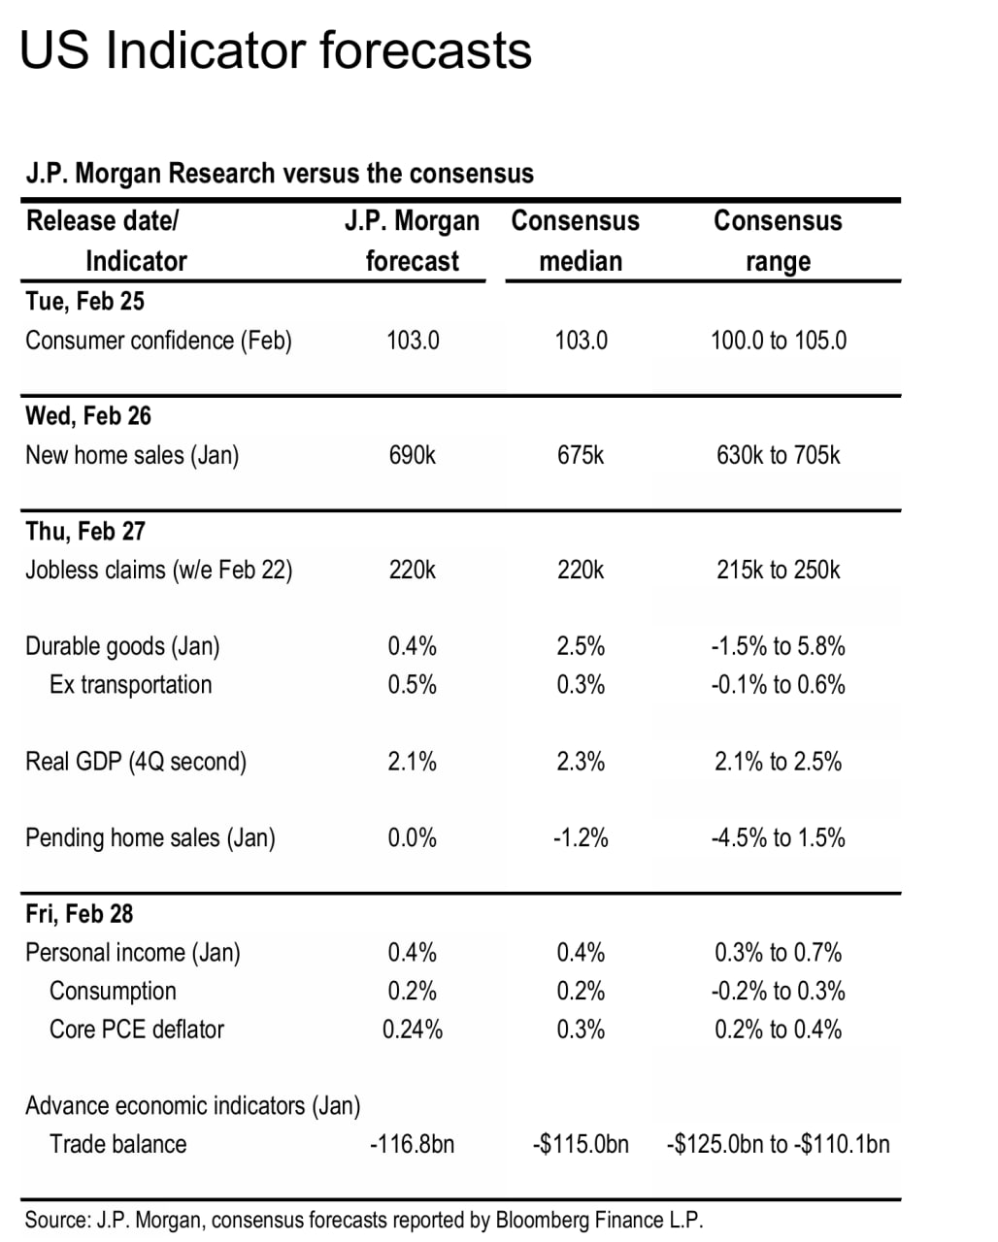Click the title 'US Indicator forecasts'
(x=276, y=50)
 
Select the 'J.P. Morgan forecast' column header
(x=413, y=241)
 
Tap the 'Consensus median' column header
(x=576, y=241)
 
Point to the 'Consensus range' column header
(x=778, y=241)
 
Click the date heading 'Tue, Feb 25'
(x=84, y=301)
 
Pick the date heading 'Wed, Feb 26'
(x=88, y=415)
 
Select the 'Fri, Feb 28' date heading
(x=80, y=913)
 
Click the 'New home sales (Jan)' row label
(x=132, y=455)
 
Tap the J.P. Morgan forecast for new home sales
(x=413, y=455)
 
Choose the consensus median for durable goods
(x=581, y=646)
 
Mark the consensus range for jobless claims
(x=779, y=570)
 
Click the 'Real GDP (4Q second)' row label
(x=136, y=762)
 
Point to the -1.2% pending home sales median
(x=581, y=837)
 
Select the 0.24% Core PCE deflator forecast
(x=413, y=1030)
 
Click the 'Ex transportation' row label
(x=130, y=685)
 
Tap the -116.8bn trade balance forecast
(x=413, y=1144)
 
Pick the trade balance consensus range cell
(x=778, y=1144)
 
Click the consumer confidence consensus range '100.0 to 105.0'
(x=779, y=341)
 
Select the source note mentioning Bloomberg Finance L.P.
(x=363, y=1220)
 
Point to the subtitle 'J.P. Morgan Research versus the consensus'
(x=280, y=174)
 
